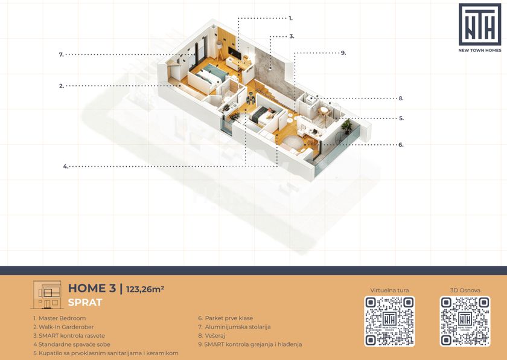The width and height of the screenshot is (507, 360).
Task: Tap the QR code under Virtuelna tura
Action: click(389, 321)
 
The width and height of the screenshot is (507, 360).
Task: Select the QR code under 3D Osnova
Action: click(465, 321)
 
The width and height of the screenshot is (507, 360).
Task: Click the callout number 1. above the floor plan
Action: click(291, 19)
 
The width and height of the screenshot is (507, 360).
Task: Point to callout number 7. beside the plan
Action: click(62, 54)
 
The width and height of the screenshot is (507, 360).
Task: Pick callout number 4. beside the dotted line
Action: click(66, 167)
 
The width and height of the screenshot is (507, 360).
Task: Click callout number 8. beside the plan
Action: click(401, 98)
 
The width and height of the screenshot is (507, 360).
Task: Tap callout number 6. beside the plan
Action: click(401, 144)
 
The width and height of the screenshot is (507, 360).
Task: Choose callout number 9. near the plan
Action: click(343, 53)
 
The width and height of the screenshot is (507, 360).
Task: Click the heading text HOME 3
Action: click(92, 288)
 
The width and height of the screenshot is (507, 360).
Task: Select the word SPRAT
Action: click(85, 303)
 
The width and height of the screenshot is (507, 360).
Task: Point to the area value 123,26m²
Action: click(145, 289)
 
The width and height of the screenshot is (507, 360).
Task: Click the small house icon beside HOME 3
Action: click(48, 295)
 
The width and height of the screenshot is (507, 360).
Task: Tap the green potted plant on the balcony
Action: click(347, 126)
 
